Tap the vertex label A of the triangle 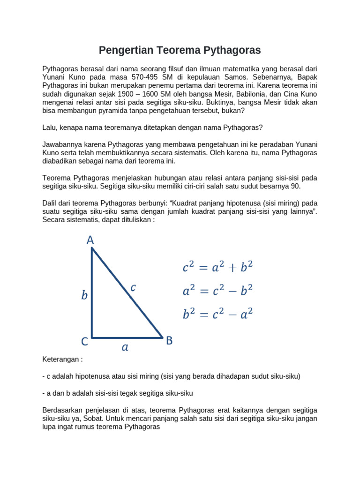point(90,240)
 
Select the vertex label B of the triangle point(169,341)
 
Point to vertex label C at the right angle point(84,342)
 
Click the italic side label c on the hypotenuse point(133,288)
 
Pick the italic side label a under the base point(125,348)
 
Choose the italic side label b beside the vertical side point(84,295)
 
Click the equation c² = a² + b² point(217,267)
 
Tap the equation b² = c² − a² point(217,314)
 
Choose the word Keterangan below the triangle point(60,359)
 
